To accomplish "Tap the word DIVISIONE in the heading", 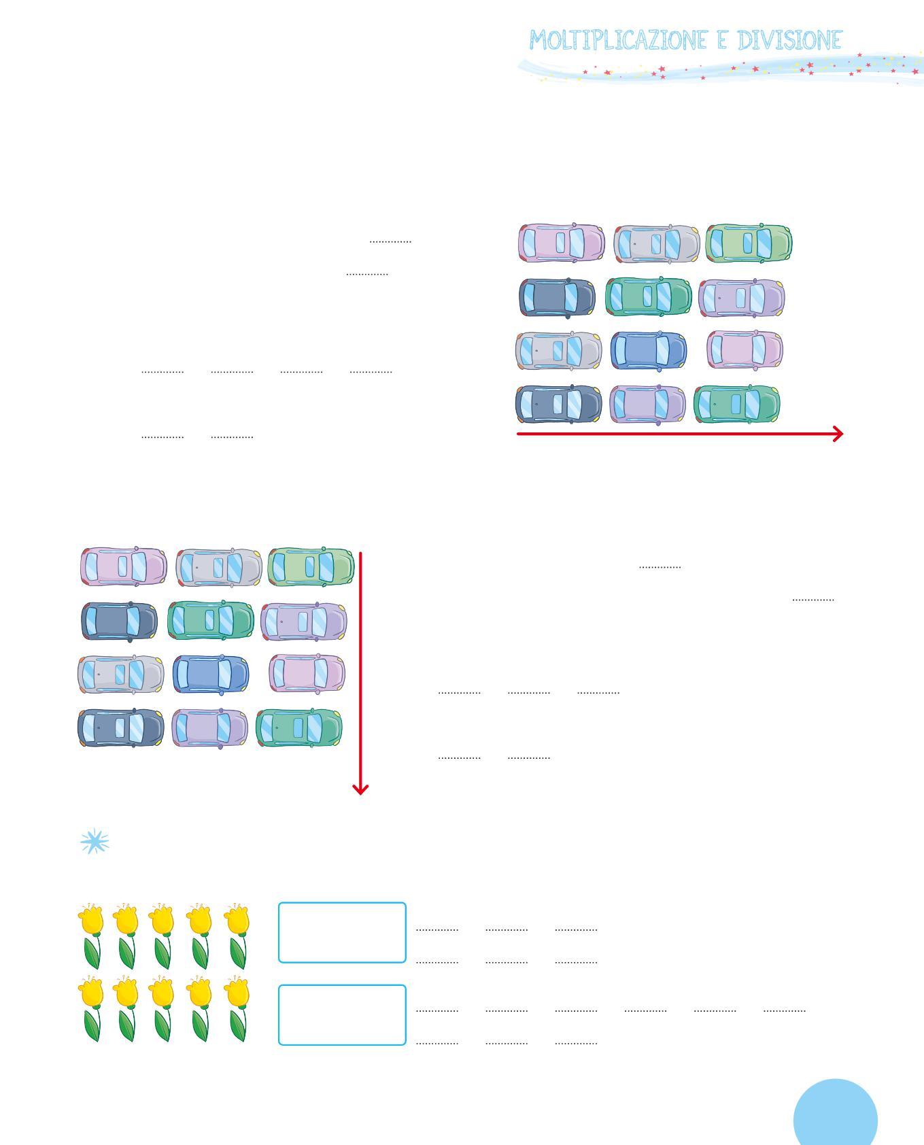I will click(789, 41).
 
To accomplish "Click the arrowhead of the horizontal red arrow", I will click(838, 434).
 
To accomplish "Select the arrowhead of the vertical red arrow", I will click(360, 789).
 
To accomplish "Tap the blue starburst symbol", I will click(95, 842).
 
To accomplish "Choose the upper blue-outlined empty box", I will click(342, 932).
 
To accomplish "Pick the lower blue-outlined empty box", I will click(342, 1014).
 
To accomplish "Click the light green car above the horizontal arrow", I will click(749, 243).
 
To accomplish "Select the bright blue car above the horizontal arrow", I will click(649, 350).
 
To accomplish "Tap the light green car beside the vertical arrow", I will click(311, 566).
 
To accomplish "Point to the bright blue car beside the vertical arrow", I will click(211, 674).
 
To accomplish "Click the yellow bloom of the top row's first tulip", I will click(92, 919).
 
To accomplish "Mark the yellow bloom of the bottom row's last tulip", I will click(237, 993).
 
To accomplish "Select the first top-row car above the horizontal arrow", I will click(561, 243).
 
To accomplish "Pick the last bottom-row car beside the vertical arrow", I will click(298, 728).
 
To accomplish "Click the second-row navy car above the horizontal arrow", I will click(557, 297).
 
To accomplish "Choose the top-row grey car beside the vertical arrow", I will click(218, 566).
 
